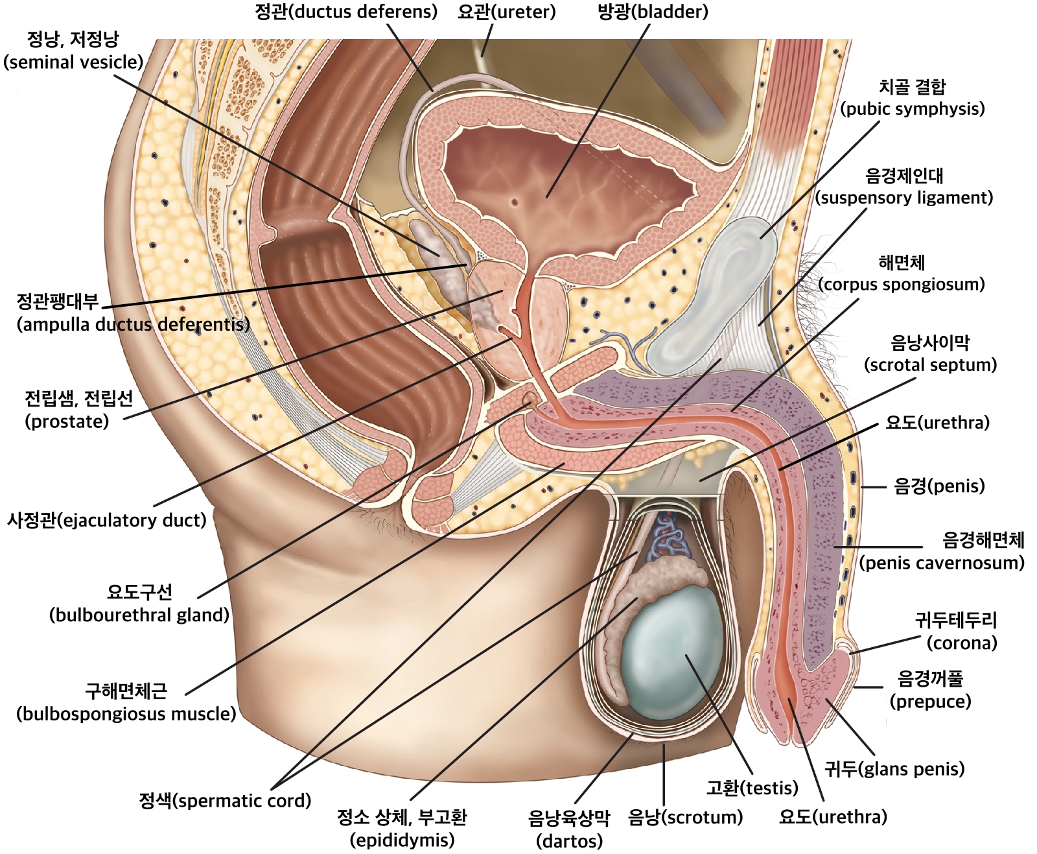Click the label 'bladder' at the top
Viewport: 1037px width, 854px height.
click(652, 12)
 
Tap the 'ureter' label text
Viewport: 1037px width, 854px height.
click(506, 12)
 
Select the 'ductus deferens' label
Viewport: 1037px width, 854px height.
click(346, 12)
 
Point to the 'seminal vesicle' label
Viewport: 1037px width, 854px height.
click(73, 51)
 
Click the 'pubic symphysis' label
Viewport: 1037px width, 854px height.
click(912, 98)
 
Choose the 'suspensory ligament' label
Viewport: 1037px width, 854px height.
click(904, 187)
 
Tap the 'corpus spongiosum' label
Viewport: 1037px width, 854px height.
click(901, 273)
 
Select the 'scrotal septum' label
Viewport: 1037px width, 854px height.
click(930, 353)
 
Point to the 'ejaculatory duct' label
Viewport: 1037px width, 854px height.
click(106, 520)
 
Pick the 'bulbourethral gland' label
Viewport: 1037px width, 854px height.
click(139, 603)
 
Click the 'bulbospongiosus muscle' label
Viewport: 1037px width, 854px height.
click(126, 702)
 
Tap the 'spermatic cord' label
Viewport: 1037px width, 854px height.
click(225, 800)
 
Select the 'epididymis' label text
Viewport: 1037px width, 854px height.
click(402, 828)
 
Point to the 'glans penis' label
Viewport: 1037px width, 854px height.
click(894, 768)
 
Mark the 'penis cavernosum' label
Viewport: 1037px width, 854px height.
click(942, 551)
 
